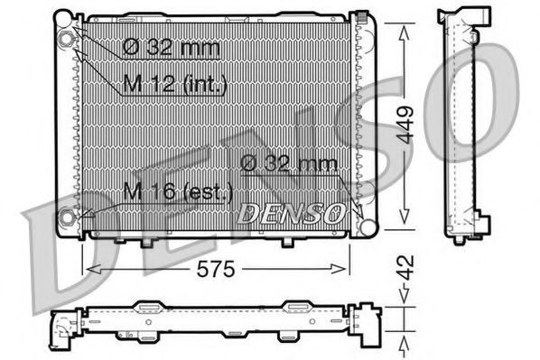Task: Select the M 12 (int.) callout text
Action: [x=173, y=85]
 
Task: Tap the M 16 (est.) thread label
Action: [x=179, y=191]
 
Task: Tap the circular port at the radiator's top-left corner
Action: [x=69, y=39]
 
